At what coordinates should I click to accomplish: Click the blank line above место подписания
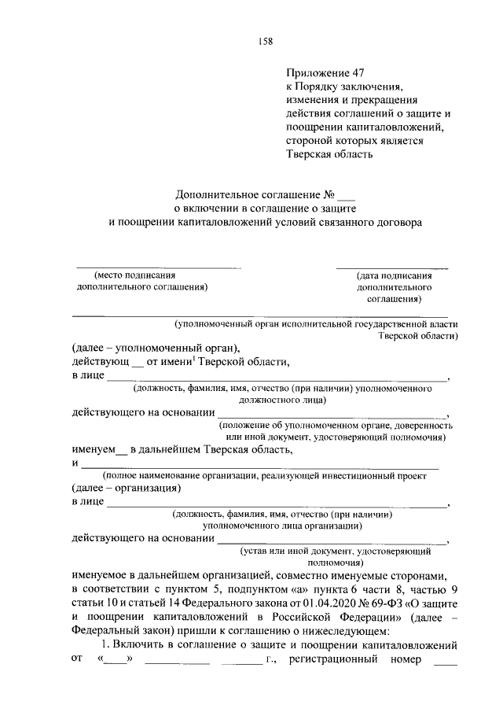[157, 268]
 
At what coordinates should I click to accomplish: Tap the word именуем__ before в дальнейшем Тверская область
[98, 450]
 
